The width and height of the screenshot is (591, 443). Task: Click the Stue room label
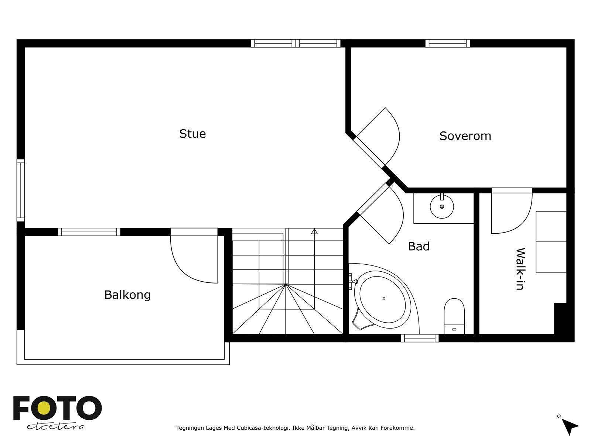coord(192,134)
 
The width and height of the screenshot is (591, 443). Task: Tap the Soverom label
coord(465,136)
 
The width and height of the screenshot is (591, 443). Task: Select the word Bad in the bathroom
coord(419,246)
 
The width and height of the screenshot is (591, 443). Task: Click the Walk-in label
coord(520,269)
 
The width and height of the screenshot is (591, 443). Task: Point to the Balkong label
coord(127,295)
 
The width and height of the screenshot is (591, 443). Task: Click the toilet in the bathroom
coord(454,316)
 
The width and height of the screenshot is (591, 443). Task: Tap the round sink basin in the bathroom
coord(442,206)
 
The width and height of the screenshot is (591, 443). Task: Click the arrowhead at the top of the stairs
coord(314,231)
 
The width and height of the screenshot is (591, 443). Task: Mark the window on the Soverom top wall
coord(447,43)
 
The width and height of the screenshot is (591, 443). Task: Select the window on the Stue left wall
coord(21,190)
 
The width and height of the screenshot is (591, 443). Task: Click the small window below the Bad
coord(420,338)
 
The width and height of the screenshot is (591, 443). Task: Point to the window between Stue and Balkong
coord(89,232)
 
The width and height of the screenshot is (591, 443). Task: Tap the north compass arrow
coord(570,426)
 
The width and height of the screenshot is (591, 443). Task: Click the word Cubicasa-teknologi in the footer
coord(263,428)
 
